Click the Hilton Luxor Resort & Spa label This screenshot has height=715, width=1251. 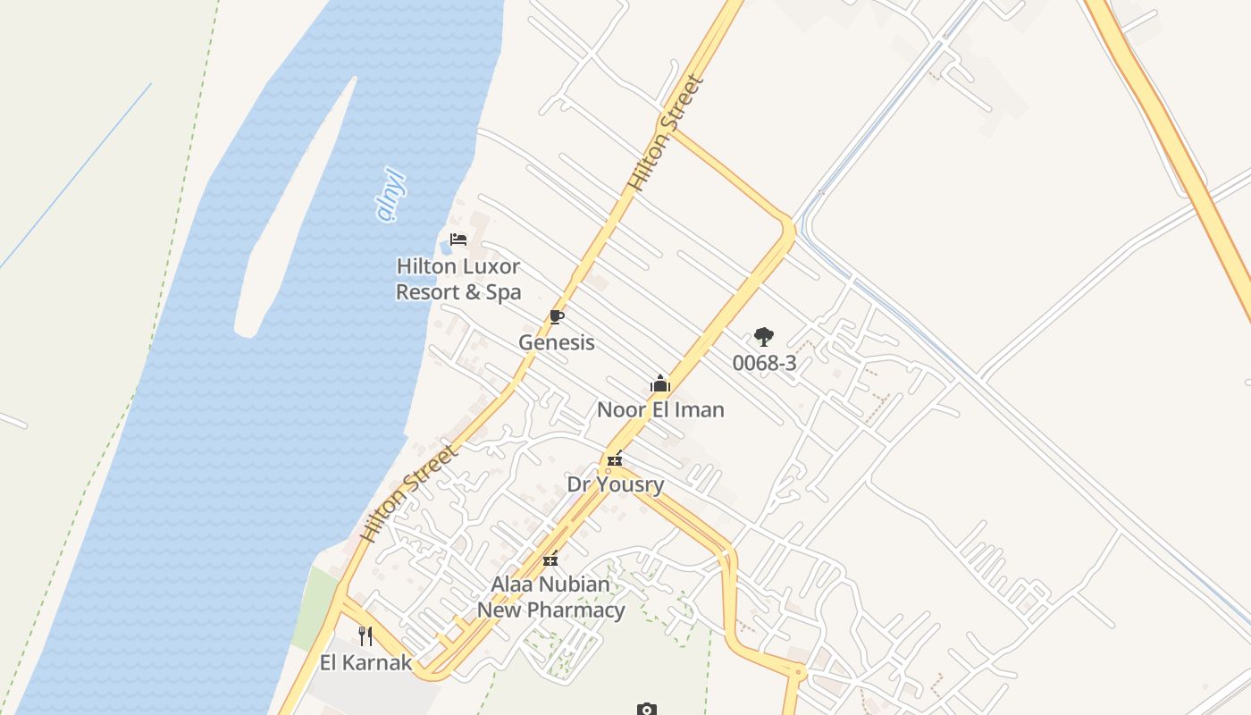[458, 279]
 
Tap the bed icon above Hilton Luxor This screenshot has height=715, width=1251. [458, 240]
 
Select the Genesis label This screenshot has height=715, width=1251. [557, 342]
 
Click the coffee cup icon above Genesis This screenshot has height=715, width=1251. [557, 316]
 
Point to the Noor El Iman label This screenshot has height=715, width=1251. [660, 410]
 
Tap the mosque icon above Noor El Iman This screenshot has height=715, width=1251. [660, 384]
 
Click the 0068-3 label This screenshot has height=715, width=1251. [764, 363]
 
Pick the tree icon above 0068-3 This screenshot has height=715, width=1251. [763, 337]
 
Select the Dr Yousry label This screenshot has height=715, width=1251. [616, 484]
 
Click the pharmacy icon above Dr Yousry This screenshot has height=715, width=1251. [615, 459]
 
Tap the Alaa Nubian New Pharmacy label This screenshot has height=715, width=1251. [550, 597]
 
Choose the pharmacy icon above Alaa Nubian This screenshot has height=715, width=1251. [550, 559]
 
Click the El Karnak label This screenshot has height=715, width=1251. [366, 662]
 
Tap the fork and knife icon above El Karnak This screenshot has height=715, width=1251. [365, 635]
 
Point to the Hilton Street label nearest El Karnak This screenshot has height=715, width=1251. [410, 492]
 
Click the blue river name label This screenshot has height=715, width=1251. [391, 195]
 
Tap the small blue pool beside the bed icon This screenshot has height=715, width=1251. [445, 246]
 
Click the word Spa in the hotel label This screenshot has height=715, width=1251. [503, 292]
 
